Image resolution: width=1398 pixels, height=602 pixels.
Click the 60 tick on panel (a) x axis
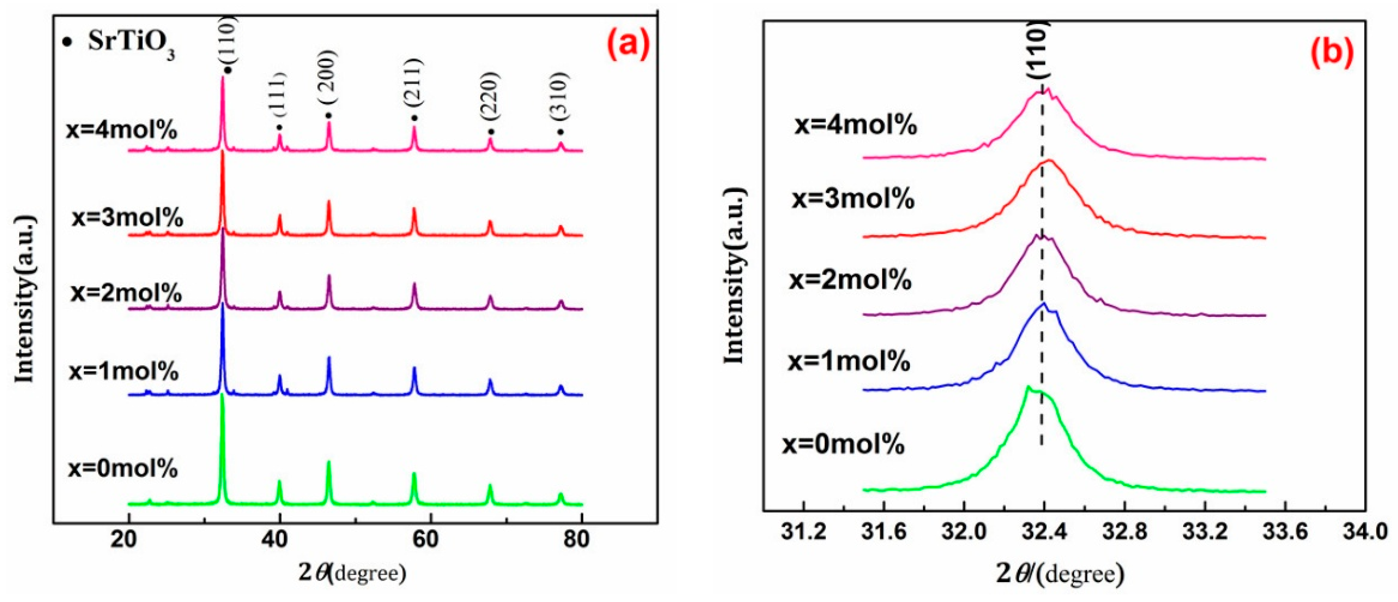(x=430, y=541)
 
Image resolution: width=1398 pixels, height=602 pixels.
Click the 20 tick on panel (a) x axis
(x=128, y=541)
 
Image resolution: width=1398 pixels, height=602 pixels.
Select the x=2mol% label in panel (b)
(x=849, y=279)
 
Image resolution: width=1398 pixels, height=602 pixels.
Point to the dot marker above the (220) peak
(x=491, y=132)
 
